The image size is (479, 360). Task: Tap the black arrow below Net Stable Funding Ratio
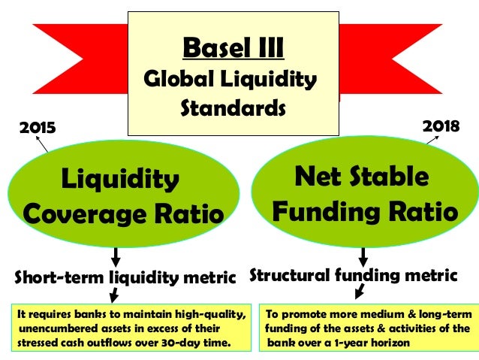(x=363, y=253)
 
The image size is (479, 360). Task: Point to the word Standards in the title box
(x=233, y=107)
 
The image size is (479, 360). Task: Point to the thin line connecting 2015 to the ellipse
(x=46, y=144)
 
